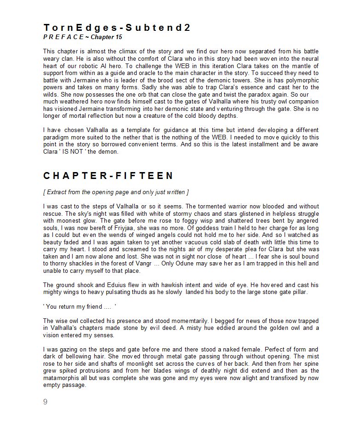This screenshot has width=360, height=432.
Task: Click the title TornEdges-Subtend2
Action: point(117,28)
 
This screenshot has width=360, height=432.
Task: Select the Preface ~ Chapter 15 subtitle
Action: point(83,37)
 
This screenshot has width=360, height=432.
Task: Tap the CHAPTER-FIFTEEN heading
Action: point(109,176)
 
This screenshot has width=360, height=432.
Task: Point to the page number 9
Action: point(45,402)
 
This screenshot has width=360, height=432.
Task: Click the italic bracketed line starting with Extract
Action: point(116,192)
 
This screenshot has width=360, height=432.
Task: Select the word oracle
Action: point(137,73)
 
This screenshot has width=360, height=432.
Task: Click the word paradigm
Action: point(56,138)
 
